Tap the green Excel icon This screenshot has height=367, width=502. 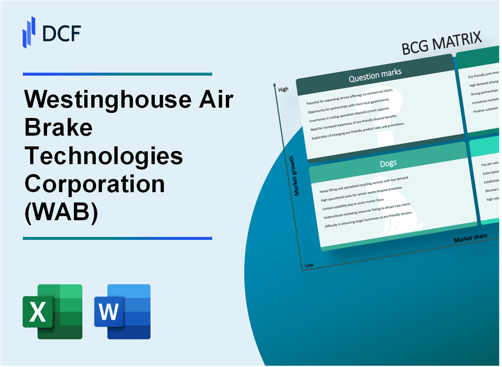point(52,311)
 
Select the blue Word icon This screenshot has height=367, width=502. point(122,311)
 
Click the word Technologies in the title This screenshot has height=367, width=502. point(104,156)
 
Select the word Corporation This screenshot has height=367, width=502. point(94,184)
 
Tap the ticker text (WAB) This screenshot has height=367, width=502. point(61,213)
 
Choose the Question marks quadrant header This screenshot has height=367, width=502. point(375,76)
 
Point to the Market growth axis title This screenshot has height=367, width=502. point(297,176)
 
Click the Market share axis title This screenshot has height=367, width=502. point(470,238)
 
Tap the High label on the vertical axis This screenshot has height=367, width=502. point(283,89)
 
